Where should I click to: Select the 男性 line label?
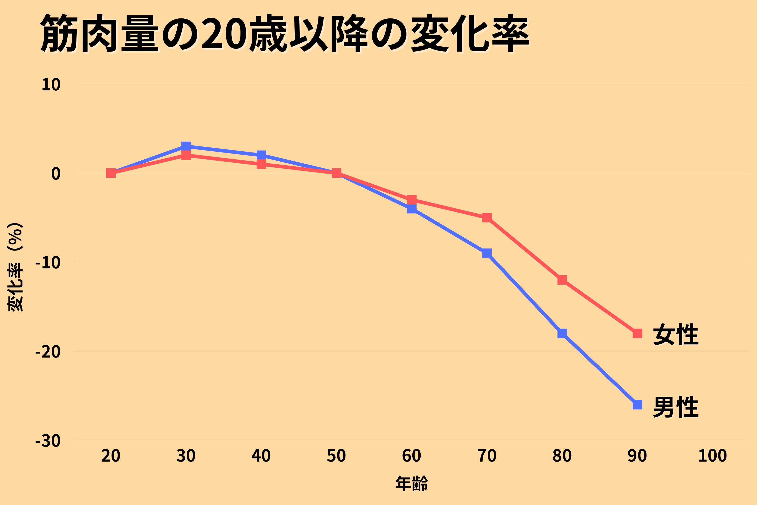click(x=675, y=407)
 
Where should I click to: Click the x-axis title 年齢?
click(x=412, y=483)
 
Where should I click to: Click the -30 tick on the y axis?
click(x=48, y=441)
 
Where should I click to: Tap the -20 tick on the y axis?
click(x=48, y=352)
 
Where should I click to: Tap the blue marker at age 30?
click(x=186, y=146)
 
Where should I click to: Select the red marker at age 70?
click(x=487, y=218)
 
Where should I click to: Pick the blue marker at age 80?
click(x=562, y=333)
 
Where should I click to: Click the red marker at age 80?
click(x=562, y=280)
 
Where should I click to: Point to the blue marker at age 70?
click(x=487, y=253)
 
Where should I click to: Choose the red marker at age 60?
click(x=412, y=200)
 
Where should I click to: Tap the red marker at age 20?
click(x=111, y=173)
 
